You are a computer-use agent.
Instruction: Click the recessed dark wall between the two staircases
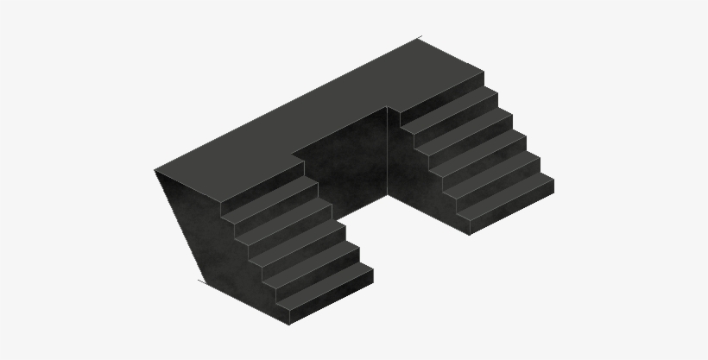click(x=345, y=164)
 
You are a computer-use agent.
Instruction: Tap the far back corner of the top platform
click(x=420, y=38)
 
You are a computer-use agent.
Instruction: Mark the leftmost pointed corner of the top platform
click(x=155, y=170)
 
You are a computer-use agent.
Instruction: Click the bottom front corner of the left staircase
click(x=289, y=324)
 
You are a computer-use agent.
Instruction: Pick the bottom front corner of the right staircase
click(x=470, y=234)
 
